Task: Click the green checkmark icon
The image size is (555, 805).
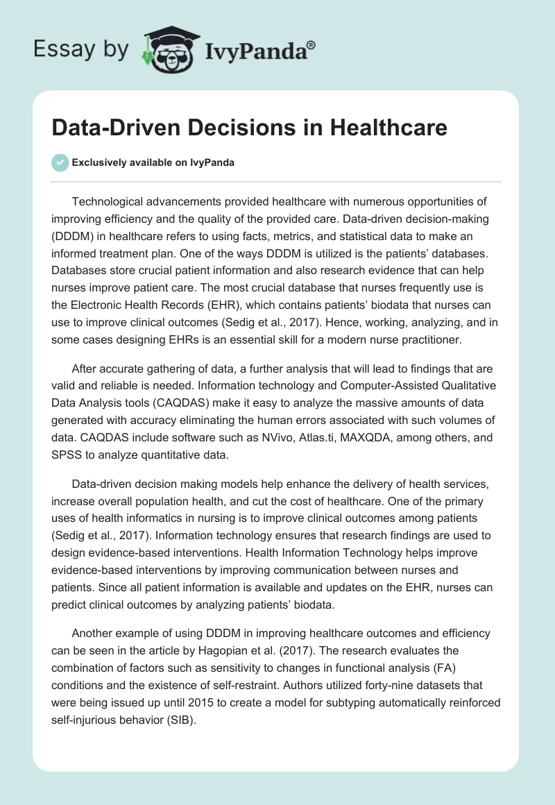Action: [60, 162]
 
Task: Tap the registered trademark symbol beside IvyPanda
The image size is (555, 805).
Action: [311, 44]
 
